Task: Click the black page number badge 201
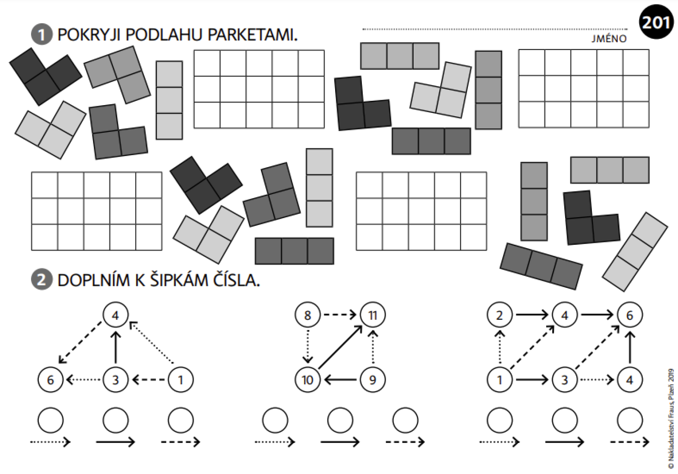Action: [x=656, y=22]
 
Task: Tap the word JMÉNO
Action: [x=609, y=38]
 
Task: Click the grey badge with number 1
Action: [x=42, y=34]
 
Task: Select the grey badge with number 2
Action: [x=42, y=280]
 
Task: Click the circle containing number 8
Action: [x=307, y=315]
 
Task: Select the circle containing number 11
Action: [x=372, y=315]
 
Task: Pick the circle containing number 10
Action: [x=307, y=380]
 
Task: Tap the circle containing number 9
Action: [x=372, y=380]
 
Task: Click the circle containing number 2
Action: [x=499, y=315]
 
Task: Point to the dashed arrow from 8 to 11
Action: [x=340, y=315]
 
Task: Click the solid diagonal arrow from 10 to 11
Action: [x=340, y=347]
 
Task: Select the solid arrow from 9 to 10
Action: [x=340, y=380]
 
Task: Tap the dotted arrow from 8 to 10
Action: [x=308, y=347]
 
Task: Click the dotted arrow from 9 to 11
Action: [x=372, y=347]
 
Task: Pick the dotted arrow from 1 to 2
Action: [x=499, y=347]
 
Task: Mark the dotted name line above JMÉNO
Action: [x=495, y=30]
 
